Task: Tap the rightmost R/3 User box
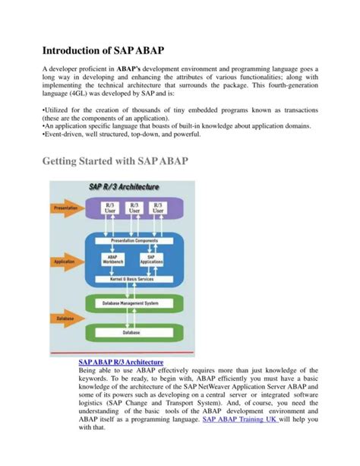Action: [x=159, y=208]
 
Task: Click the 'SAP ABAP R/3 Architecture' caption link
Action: [x=122, y=363]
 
